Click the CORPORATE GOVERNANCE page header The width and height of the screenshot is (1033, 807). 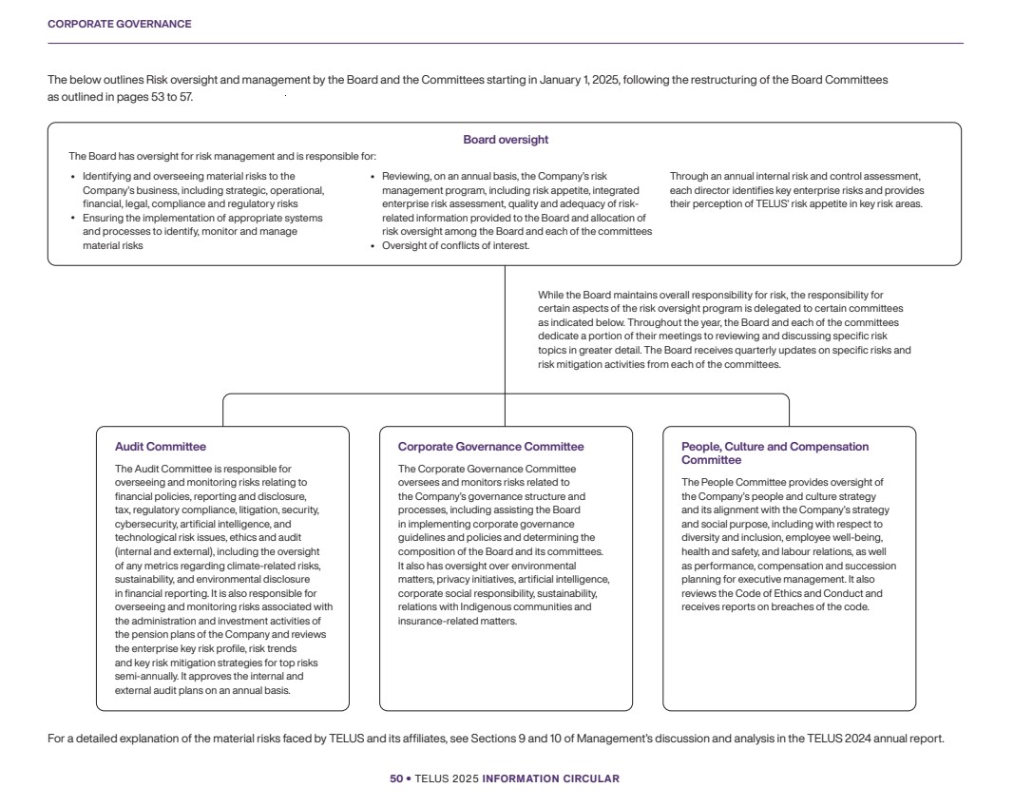119,24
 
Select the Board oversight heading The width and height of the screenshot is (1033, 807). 505,140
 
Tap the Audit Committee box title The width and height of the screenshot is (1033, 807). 160,447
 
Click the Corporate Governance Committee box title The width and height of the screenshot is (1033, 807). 490,447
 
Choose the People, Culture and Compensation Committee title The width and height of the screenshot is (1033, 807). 775,453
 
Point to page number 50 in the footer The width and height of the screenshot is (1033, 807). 395,778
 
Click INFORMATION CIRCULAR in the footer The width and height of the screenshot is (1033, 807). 550,778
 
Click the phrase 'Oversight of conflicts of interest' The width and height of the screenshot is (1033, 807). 455,245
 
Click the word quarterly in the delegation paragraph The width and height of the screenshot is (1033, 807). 761,350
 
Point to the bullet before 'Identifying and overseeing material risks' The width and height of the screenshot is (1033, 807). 73,177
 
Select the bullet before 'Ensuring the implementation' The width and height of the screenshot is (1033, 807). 73,218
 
